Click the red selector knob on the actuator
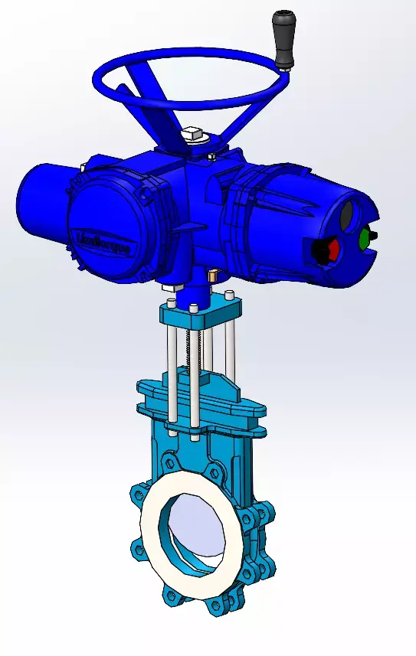coord(329,249)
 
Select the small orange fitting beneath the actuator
coord(215,273)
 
